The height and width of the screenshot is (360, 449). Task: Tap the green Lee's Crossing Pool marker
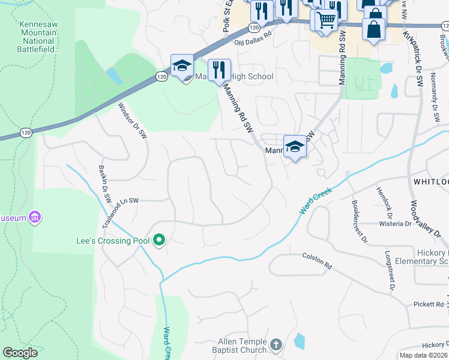point(159,241)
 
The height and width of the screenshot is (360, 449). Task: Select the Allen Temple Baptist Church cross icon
point(276,344)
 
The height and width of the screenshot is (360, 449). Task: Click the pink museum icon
point(35,217)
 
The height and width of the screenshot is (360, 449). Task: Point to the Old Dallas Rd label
point(253,43)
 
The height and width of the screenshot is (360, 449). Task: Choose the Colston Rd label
point(317,260)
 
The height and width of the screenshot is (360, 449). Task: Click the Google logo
point(20,353)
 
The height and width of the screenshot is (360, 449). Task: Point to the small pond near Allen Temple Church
point(299,341)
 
